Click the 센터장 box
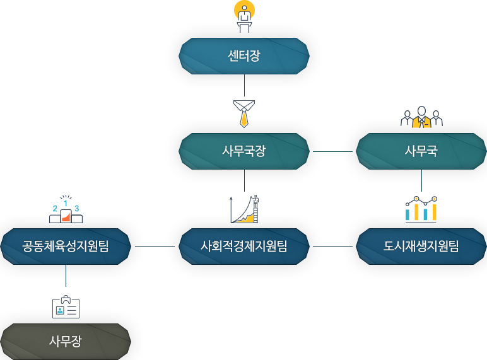244,56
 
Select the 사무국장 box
244,151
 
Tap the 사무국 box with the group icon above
421,151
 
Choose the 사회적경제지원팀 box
244,247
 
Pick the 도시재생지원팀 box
421,247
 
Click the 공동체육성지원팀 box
66,247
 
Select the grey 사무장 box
66,342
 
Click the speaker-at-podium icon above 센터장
244,17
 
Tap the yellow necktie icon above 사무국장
244,113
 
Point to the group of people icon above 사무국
421,117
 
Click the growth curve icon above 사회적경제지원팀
244,209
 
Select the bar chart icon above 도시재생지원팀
421,209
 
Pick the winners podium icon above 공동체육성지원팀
66,209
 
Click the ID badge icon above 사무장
66,306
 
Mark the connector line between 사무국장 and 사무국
332,152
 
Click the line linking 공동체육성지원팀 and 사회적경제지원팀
155,247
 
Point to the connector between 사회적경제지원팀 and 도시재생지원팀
332,247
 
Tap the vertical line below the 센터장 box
244,85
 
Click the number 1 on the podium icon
66,204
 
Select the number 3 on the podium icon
77,209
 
